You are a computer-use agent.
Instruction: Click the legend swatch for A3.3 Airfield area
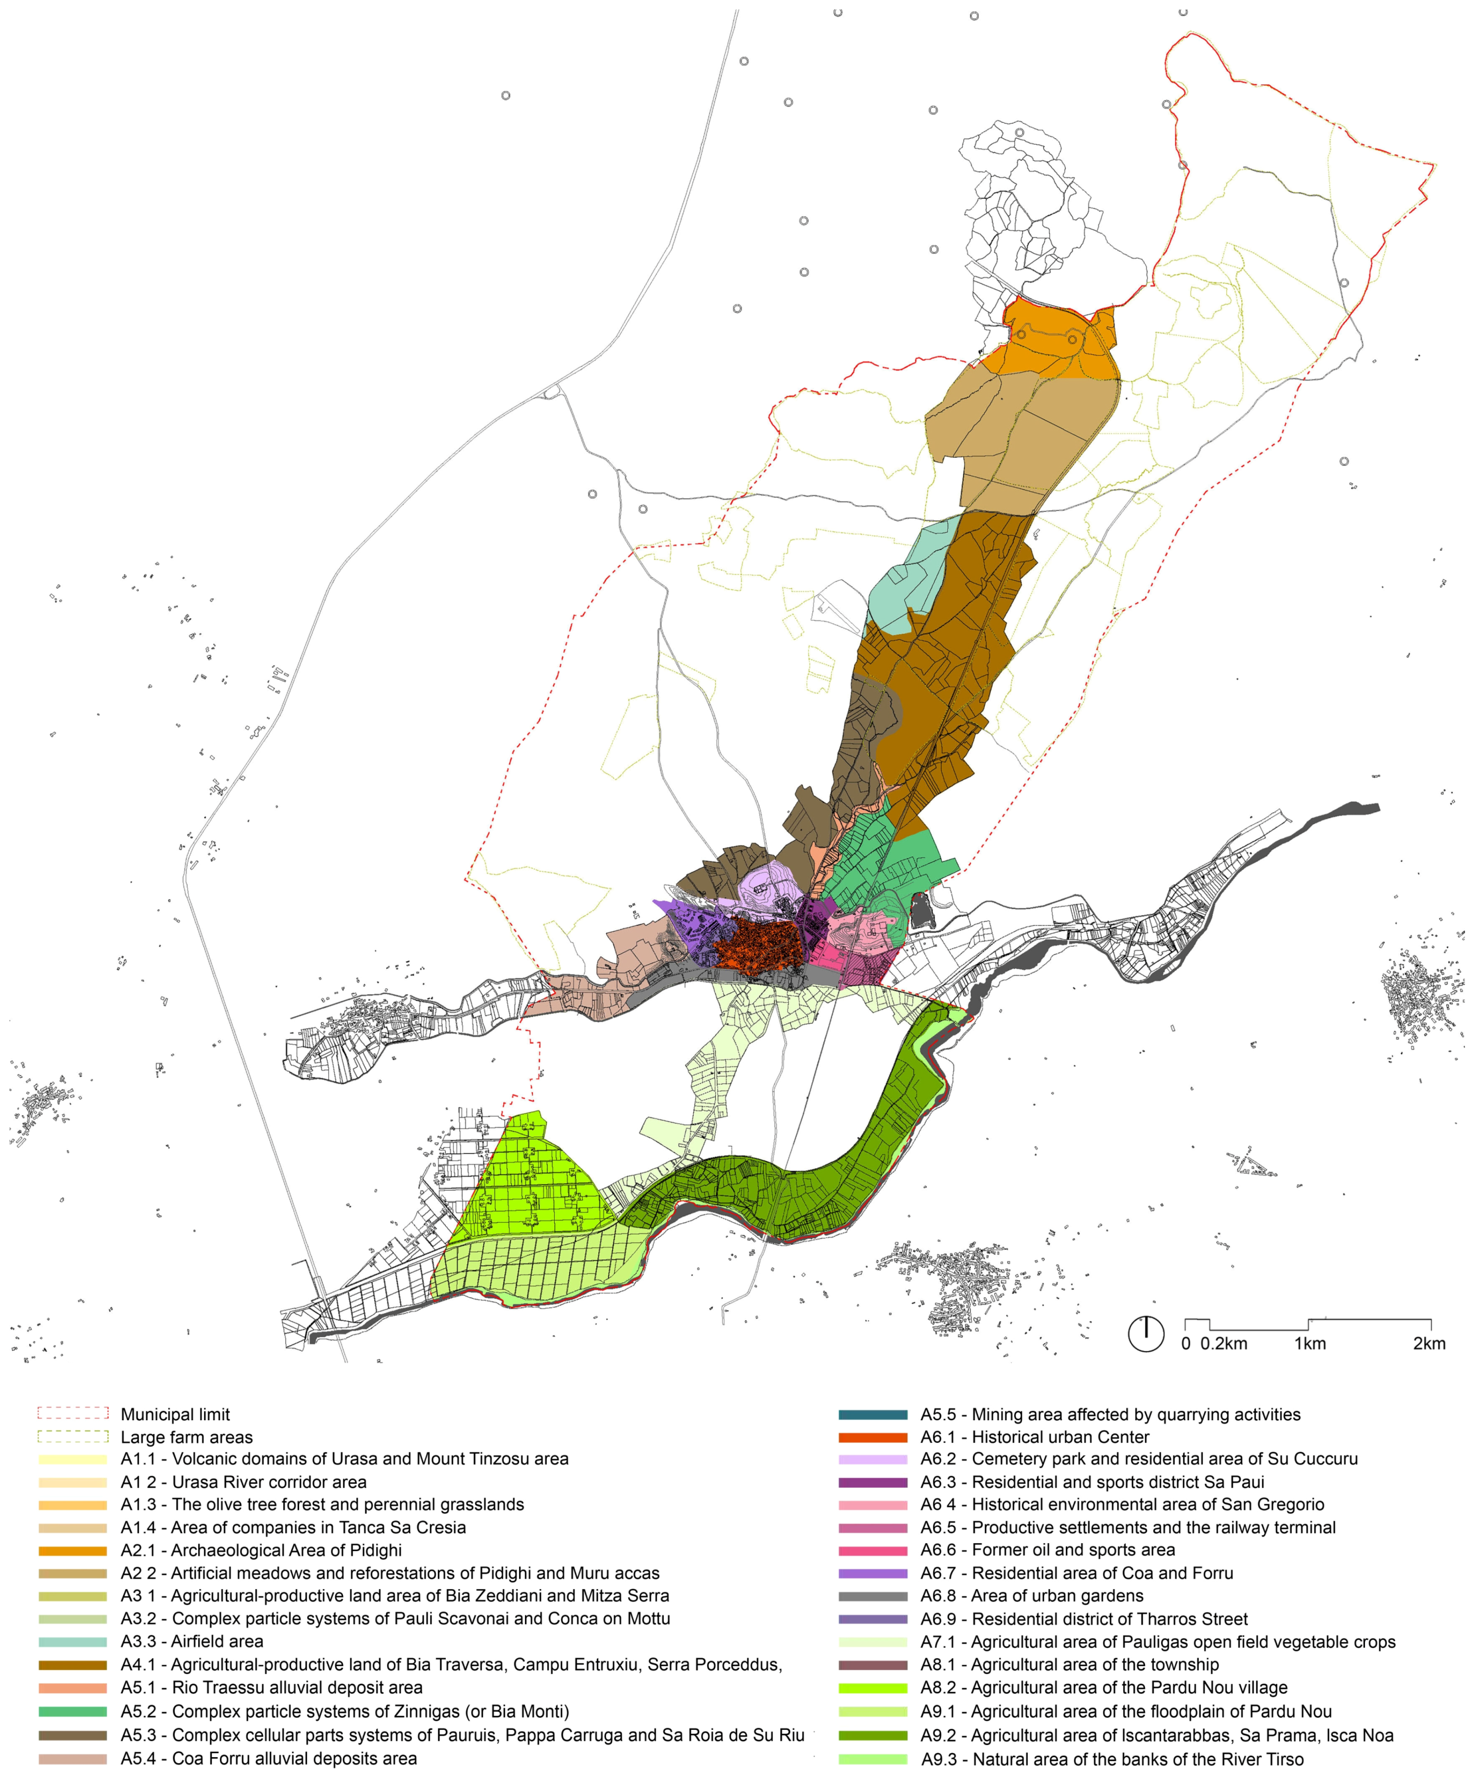coord(73,1641)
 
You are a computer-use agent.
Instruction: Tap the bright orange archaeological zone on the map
coord(1048,346)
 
